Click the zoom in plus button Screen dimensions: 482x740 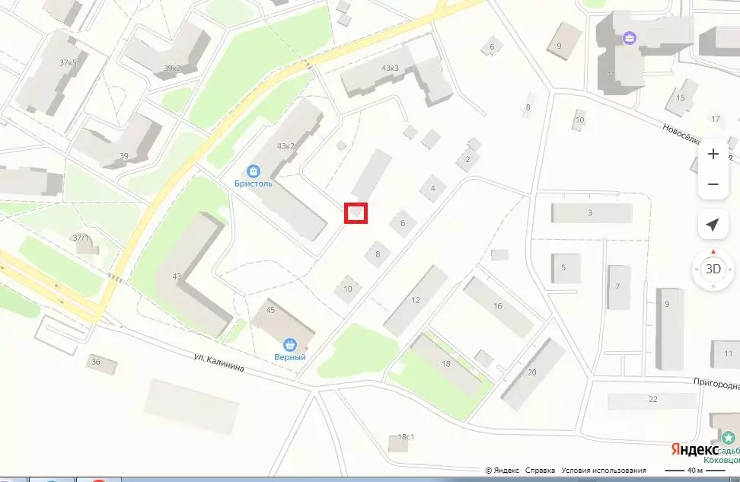point(713,154)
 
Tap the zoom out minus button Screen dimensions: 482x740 point(713,184)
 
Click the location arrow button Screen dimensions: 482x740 point(713,225)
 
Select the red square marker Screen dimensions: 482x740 point(356,213)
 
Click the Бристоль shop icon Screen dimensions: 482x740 point(253,171)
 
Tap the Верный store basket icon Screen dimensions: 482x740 point(289,344)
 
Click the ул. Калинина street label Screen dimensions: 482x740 point(218,362)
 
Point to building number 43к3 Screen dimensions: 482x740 point(391,69)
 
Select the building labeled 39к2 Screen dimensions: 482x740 point(173,68)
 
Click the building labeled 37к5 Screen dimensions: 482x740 point(68,62)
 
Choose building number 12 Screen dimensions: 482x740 point(416,300)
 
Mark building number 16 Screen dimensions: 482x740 point(498,306)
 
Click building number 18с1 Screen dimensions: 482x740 point(406,437)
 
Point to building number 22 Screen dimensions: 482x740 point(652,399)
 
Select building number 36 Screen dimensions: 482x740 point(96,361)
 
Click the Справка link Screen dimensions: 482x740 point(540,471)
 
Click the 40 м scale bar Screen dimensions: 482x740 point(695,470)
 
